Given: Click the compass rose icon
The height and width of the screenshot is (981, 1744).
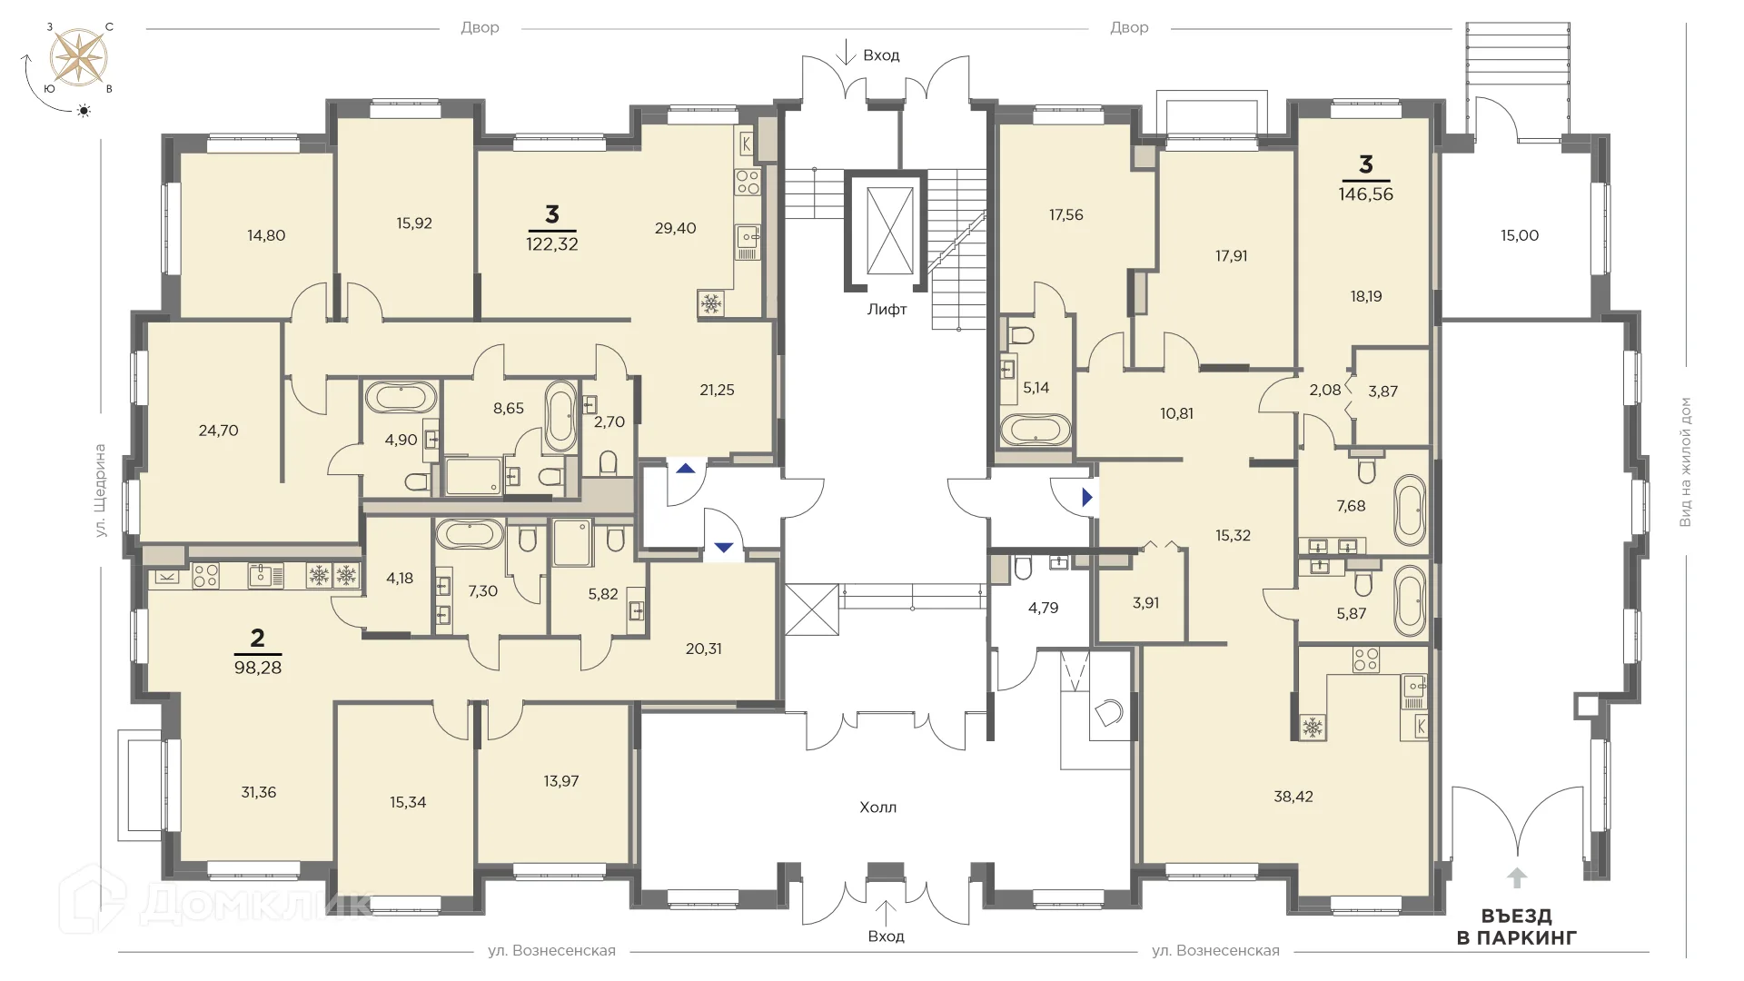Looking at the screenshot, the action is pos(78,54).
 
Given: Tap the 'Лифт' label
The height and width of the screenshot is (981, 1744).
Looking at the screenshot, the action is pos(887,309).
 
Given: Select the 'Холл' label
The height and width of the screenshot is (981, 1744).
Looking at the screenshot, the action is pos(877,807).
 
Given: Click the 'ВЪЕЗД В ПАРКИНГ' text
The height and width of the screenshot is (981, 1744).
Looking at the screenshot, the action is pos(1516,926).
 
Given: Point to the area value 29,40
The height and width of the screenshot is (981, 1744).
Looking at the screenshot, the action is pos(675,228).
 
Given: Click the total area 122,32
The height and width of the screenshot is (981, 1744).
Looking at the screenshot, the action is pos(552,243).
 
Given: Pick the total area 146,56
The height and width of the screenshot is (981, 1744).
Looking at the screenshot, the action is pos(1365,193).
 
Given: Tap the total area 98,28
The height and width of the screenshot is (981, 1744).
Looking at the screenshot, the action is pos(257,667).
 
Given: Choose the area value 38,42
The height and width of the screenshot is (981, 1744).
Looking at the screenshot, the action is pos(1293,797).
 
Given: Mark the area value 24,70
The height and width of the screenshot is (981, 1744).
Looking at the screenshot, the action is pos(218,431).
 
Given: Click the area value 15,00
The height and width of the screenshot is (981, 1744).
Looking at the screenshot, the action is pos(1520,235).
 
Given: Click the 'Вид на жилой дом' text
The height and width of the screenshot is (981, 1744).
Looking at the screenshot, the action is pos(1686,461).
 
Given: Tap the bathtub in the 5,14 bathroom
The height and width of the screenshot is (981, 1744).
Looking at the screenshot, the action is pos(1036,430).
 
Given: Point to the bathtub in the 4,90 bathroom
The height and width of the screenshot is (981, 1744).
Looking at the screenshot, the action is pos(401,397).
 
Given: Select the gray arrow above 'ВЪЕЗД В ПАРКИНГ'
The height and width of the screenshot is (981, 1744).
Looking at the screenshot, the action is pos(1516,877).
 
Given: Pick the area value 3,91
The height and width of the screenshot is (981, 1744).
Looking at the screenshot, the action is pos(1145,602).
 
